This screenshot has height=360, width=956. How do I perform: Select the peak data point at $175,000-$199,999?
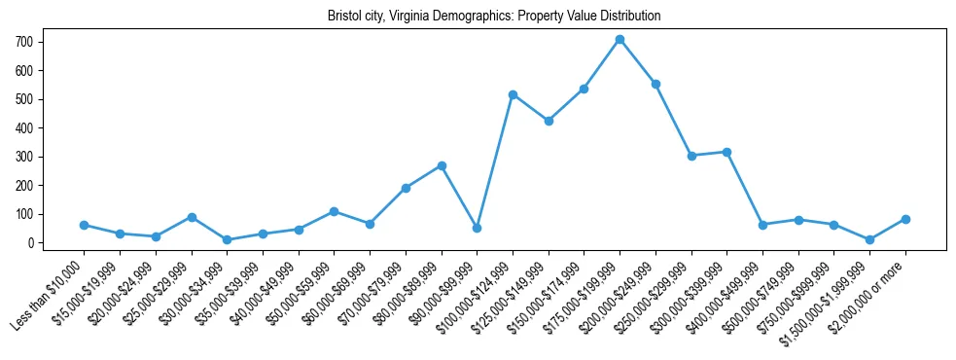pyautogui.click(x=620, y=39)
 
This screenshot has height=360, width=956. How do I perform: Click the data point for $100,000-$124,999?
pyautogui.click(x=513, y=94)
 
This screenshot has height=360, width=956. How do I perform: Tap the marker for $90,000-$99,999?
pyautogui.click(x=477, y=228)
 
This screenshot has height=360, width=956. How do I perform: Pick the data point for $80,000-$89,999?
pyautogui.click(x=442, y=165)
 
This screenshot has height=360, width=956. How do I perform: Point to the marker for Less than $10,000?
pyautogui.click(x=85, y=225)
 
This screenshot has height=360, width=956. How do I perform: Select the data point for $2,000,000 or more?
pyautogui.click(x=905, y=219)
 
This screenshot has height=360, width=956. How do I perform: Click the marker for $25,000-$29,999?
pyautogui.click(x=192, y=217)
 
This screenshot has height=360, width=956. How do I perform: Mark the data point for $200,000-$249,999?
pyautogui.click(x=655, y=84)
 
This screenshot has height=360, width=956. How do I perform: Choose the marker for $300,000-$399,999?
pyautogui.click(x=726, y=152)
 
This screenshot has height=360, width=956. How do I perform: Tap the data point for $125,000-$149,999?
pyautogui.click(x=549, y=121)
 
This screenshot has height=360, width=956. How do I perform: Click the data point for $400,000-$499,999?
pyautogui.click(x=762, y=225)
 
